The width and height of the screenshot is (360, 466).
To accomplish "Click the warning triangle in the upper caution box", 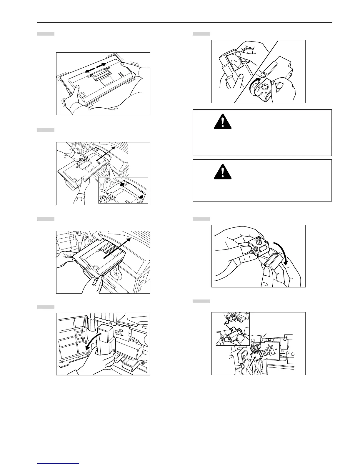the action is pyautogui.click(x=223, y=122).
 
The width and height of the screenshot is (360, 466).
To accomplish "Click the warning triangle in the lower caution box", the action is pyautogui.click(x=223, y=172).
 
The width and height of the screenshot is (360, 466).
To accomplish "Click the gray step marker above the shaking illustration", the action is pyautogui.click(x=46, y=34).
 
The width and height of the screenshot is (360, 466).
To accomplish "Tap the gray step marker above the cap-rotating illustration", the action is pyautogui.click(x=201, y=34).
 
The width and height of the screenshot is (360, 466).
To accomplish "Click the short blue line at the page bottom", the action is pyautogui.click(x=58, y=463).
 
